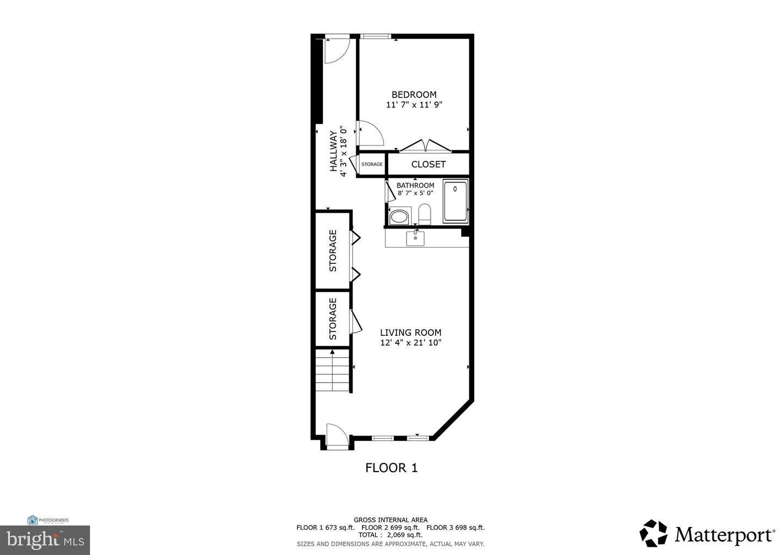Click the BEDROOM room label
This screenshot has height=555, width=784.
click(414, 95)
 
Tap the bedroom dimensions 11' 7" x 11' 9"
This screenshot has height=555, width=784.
click(414, 105)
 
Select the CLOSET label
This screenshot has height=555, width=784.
click(428, 164)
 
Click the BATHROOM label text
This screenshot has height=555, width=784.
click(415, 185)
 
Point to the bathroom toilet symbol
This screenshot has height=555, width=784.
click(425, 214)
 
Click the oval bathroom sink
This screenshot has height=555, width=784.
click(400, 216)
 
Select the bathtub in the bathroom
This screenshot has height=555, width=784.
click(455, 201)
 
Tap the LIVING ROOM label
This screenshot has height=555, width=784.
click(410, 333)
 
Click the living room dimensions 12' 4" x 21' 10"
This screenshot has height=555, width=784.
click(410, 343)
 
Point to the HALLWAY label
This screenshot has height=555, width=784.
click(333, 150)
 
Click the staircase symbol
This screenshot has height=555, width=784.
click(333, 371)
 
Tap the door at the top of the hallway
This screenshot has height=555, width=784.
click(337, 49)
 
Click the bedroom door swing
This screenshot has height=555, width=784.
click(369, 132)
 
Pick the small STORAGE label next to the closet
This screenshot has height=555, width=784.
click(372, 164)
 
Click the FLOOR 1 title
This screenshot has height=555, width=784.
click(391, 467)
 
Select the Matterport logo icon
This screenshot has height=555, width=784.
click(653, 533)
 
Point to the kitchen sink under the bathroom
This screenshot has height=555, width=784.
click(415, 238)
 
